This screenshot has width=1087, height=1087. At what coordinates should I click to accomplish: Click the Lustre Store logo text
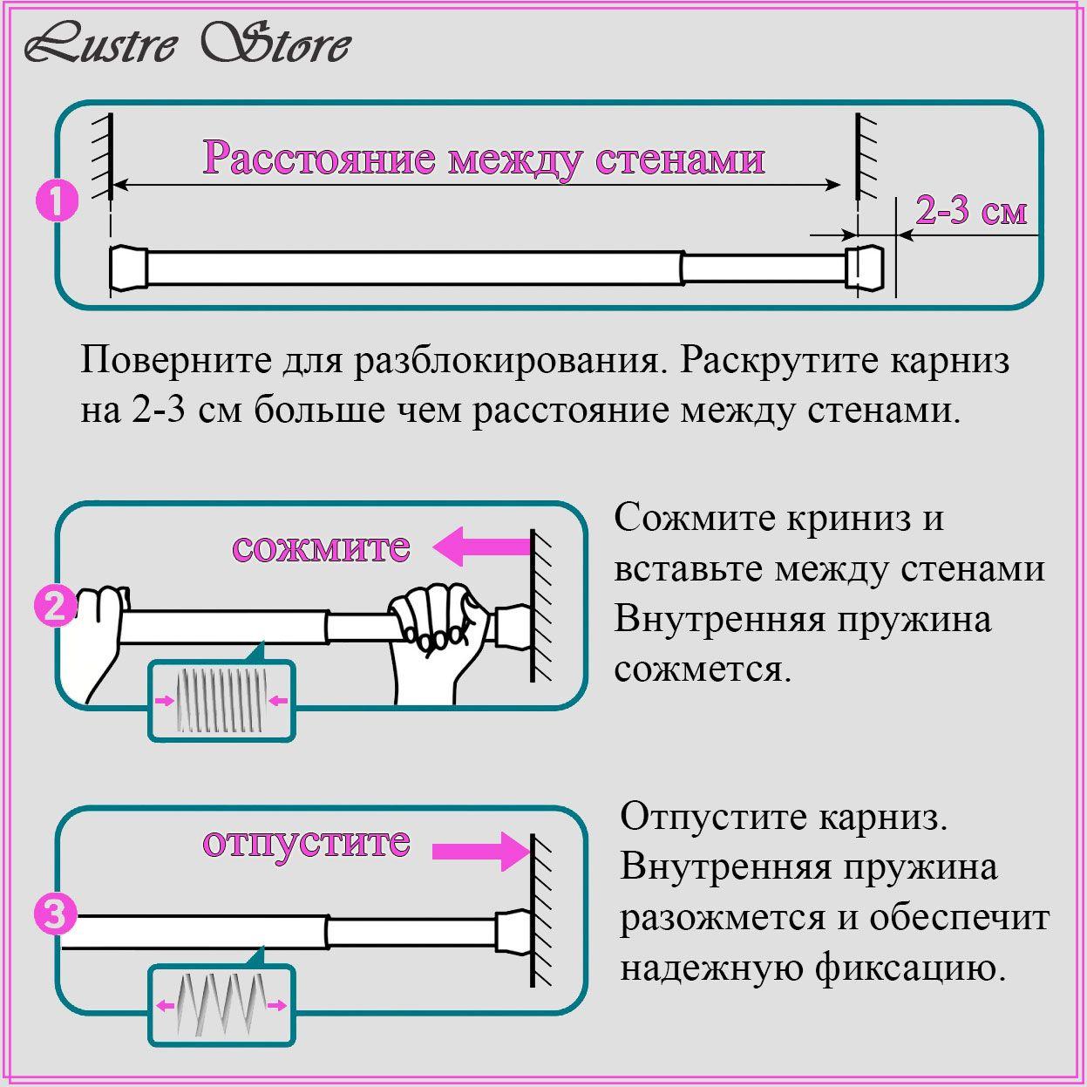(x=187, y=44)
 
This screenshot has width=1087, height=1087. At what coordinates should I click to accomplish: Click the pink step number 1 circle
(x=57, y=202)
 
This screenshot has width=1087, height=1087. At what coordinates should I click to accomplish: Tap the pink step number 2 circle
(x=54, y=606)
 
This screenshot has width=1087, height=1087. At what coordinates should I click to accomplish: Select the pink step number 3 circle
(x=54, y=915)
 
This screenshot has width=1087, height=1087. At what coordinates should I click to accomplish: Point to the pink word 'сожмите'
(x=321, y=547)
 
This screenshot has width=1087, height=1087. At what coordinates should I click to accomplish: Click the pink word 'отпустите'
(x=306, y=842)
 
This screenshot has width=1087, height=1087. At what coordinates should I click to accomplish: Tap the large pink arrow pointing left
(x=482, y=547)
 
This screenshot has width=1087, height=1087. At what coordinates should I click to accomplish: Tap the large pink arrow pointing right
(x=480, y=850)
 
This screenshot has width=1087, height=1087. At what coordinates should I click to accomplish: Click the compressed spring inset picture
(x=221, y=701)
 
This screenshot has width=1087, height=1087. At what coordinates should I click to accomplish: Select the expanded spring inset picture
(x=221, y=1005)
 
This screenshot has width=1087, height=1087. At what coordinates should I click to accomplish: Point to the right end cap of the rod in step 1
(x=864, y=268)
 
